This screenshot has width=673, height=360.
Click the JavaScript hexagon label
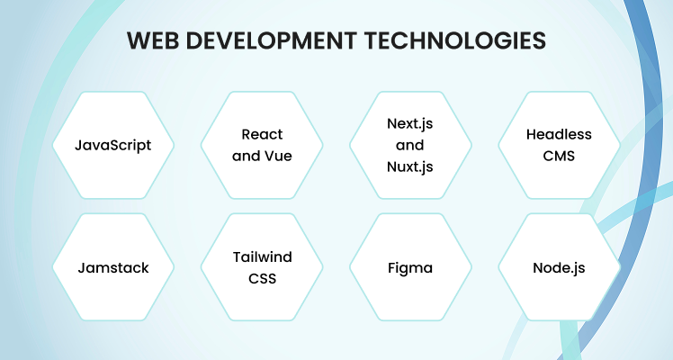click(x=112, y=146)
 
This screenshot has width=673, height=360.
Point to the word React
click(x=262, y=134)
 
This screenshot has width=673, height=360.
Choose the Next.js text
click(x=410, y=124)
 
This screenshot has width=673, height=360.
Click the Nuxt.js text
click(x=410, y=166)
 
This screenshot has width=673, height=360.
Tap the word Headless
click(x=559, y=134)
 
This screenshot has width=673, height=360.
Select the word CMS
click(x=559, y=156)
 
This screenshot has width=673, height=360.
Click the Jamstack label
click(x=113, y=267)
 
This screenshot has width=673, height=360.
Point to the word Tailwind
click(x=262, y=257)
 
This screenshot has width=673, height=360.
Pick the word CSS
click(x=262, y=278)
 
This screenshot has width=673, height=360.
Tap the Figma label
click(x=410, y=268)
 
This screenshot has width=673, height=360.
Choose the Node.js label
click(x=559, y=268)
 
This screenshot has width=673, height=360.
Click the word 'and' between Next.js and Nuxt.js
click(x=410, y=146)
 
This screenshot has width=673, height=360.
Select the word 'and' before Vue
click(x=245, y=156)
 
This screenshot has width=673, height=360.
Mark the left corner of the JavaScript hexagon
click(x=53, y=146)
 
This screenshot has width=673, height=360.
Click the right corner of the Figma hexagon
click(x=471, y=267)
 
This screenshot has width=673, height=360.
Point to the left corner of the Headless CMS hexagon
click(x=498, y=146)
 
